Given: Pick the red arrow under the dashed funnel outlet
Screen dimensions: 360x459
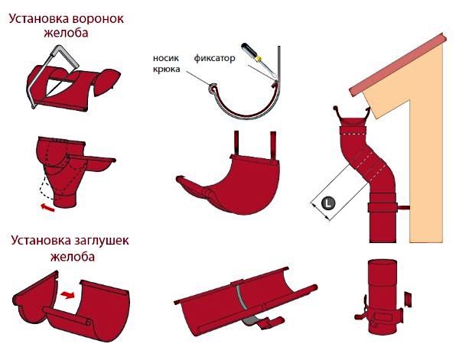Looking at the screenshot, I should [x=48, y=206].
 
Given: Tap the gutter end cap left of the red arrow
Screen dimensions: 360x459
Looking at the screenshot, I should [x=35, y=301].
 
